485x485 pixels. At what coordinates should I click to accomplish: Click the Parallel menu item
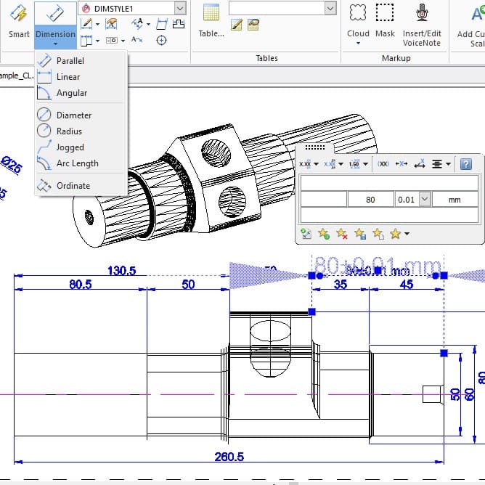point(70,61)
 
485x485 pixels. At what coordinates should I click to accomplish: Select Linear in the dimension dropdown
point(68,77)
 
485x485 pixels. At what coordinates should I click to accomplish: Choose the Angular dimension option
point(71,93)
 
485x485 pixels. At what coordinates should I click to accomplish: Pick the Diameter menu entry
point(73,115)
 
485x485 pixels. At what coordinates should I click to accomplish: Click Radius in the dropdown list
point(69,131)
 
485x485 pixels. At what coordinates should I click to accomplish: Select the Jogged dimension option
point(70,147)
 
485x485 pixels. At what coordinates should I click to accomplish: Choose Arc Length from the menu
point(77,163)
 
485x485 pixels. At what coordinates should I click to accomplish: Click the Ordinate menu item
point(73,186)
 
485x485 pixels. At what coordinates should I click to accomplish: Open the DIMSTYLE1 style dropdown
point(180,8)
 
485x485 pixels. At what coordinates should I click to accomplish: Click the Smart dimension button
point(19,21)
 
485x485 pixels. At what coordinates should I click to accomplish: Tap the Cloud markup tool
point(358,21)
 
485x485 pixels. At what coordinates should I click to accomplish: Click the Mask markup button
point(385,21)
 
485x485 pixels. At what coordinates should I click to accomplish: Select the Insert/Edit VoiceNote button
point(422,23)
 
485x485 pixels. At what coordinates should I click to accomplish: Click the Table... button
point(211,21)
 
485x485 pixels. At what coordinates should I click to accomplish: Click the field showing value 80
point(370,199)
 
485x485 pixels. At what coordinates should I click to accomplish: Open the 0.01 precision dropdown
point(425,199)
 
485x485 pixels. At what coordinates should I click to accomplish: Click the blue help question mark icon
point(467,164)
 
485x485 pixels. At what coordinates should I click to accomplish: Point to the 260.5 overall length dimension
point(229,457)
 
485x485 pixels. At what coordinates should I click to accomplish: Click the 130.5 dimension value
point(122,271)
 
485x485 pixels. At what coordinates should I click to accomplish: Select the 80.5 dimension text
point(80,285)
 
